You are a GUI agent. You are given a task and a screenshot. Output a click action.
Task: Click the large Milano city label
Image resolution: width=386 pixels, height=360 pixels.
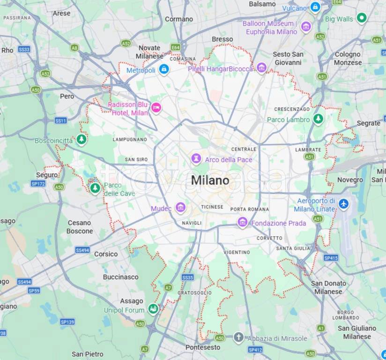pos(210,180)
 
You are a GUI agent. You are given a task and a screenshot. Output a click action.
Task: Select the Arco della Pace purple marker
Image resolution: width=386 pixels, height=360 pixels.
pos(196,159)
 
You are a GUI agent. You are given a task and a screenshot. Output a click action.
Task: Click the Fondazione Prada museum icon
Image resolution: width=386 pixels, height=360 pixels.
pos(243,222)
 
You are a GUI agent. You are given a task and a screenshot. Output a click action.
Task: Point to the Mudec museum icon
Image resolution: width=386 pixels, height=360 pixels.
pos(180,207)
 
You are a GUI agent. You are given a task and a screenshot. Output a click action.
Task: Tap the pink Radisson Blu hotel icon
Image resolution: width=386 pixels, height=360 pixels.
pos(156,107)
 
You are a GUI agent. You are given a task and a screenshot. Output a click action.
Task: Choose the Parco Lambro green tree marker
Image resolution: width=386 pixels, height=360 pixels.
pos(319,119)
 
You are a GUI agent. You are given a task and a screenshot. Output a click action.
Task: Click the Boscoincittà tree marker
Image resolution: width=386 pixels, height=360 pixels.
pos(82,140)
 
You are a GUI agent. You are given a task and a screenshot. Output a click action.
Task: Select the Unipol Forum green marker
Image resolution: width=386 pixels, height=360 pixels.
pos(153,308)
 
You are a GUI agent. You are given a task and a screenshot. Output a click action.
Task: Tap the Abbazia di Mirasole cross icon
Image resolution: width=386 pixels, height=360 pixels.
pos(238,337)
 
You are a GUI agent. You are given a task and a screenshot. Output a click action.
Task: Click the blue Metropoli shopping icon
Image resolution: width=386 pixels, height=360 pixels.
pos(163,70)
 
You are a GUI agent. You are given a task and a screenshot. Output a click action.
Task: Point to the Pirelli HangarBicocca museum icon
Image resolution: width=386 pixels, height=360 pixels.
pos(261,68)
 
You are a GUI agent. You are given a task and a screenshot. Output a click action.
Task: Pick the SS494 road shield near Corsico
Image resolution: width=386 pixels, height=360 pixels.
pos(82,250)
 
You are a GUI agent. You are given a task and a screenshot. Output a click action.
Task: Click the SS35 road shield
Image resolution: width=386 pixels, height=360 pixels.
pos(187,277)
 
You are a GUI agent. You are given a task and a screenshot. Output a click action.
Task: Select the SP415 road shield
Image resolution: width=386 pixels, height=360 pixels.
pos(331,258)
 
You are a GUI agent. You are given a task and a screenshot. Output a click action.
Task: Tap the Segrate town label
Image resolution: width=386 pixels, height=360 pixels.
pos(369,123)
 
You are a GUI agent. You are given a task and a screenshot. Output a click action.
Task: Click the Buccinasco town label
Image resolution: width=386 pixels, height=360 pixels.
pos(121,277)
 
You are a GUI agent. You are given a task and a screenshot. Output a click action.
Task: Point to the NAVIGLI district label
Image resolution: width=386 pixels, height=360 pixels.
pos(192,223)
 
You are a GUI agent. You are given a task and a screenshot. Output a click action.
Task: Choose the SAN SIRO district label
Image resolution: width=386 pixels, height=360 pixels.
pos(136,159)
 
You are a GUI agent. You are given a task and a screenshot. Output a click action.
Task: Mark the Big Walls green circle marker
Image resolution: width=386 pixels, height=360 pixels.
pos(361,18)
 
